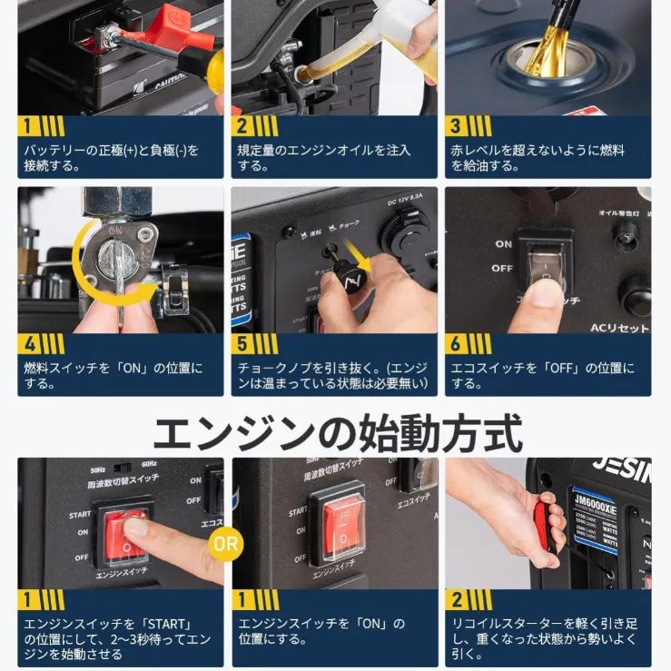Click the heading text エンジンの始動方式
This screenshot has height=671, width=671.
click(x=336, y=433)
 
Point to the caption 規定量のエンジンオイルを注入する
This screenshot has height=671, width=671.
click(x=324, y=158)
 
